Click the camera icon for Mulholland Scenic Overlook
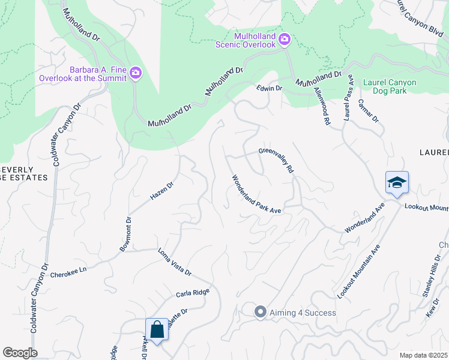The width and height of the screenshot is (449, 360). [x=285, y=40]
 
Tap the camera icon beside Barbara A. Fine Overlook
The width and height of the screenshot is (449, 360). [x=136, y=73]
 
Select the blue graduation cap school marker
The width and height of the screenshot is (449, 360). [x=397, y=182]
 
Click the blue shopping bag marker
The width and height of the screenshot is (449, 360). [x=157, y=329]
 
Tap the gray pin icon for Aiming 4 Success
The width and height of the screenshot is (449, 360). [x=260, y=311]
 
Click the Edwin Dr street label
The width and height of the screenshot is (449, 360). [x=269, y=88]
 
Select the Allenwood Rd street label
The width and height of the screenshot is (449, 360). [x=323, y=105]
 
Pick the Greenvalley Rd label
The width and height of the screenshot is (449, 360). [x=276, y=160]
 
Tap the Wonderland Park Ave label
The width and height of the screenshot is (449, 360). [x=256, y=194]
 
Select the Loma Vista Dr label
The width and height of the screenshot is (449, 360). [x=174, y=262]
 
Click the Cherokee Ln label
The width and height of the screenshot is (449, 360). [x=68, y=272]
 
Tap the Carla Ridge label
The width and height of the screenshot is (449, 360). [x=192, y=293]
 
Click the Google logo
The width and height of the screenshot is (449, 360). [x=20, y=353]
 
